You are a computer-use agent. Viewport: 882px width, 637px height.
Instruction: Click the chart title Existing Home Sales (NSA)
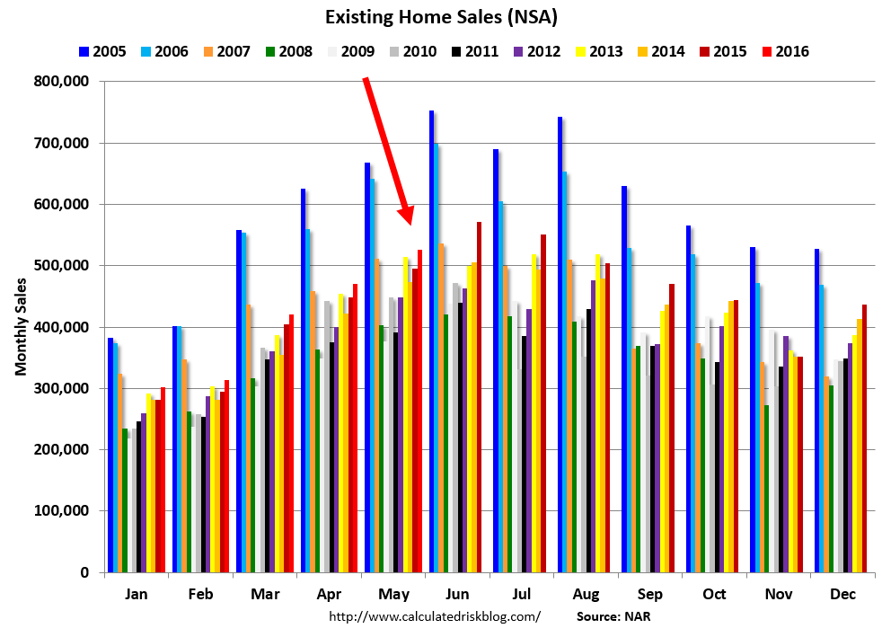[x=440, y=17]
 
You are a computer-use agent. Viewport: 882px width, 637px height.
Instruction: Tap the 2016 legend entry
[x=782, y=51]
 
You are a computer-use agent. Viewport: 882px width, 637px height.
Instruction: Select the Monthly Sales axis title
[x=20, y=326]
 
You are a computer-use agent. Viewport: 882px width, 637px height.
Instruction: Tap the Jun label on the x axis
[x=456, y=595]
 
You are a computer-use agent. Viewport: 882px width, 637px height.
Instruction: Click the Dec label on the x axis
[x=842, y=595]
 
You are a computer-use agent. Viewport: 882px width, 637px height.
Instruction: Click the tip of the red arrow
[x=410, y=223]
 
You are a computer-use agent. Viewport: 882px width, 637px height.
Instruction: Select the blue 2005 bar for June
[x=432, y=341]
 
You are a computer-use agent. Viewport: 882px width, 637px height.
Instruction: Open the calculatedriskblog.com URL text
[x=435, y=616]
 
